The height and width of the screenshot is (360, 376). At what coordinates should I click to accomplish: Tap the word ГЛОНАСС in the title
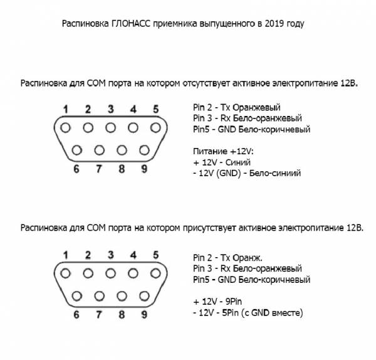coord(131,24)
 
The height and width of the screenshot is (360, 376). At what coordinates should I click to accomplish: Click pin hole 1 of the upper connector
coord(65,128)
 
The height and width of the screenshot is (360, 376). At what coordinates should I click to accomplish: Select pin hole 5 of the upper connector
coord(155,128)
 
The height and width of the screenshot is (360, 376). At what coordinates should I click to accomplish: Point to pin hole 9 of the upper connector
coord(144,151)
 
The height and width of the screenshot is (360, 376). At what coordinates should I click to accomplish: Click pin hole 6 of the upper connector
coord(76,151)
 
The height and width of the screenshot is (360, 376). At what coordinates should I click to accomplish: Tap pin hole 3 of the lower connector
coord(110,273)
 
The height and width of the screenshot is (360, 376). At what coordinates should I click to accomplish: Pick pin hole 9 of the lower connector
coord(144,296)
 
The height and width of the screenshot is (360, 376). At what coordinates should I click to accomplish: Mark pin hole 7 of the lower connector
coord(99,296)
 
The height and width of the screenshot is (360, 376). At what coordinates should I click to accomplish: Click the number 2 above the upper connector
coord(88,109)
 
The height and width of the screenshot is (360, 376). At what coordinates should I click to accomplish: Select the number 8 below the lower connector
coord(122,314)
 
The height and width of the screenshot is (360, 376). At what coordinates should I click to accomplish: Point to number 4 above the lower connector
coord(133,255)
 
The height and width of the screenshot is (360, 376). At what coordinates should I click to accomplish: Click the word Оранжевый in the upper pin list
coord(256,107)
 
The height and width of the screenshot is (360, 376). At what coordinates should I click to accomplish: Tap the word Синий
coord(238,162)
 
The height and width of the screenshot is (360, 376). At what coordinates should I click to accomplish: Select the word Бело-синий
coord(275,173)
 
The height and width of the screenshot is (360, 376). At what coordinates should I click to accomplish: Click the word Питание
coord(211,151)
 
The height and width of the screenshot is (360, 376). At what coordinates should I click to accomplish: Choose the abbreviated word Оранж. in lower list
coord(248,258)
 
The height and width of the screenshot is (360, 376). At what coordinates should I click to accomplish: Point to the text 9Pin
coord(234,302)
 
